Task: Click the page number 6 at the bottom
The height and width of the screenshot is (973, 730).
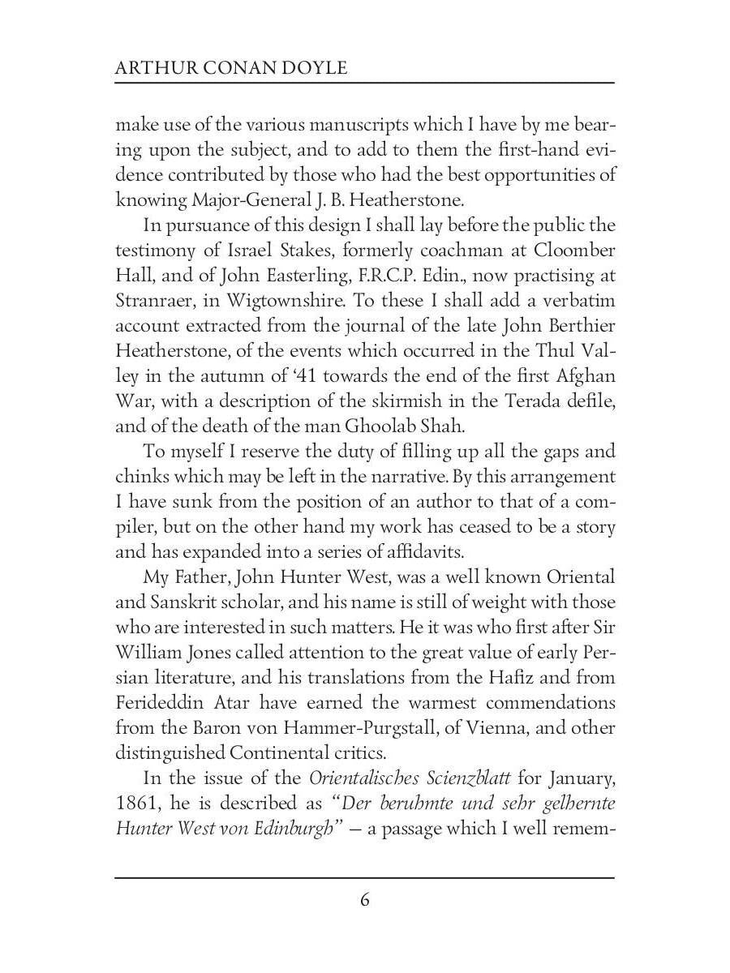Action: (365, 900)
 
